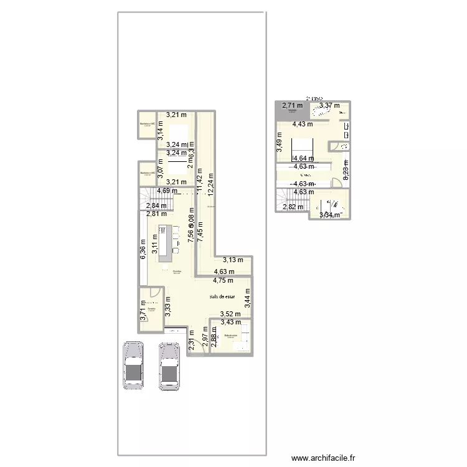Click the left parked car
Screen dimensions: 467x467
[x=133, y=366]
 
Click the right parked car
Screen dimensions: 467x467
[x=169, y=367]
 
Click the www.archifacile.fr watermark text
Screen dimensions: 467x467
[x=323, y=458]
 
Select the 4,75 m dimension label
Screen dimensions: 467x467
[x=224, y=281]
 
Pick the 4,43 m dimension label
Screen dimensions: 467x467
[x=303, y=124]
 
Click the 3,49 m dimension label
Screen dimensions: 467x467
[x=280, y=144]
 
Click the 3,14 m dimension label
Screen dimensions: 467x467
[x=159, y=130]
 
